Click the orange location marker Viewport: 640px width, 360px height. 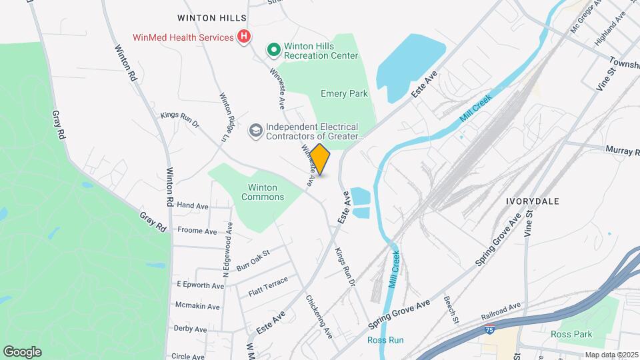(320, 159)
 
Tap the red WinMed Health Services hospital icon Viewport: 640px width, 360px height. (244, 37)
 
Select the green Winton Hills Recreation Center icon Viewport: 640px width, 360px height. (273, 49)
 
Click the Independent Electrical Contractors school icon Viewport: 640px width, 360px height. (255, 131)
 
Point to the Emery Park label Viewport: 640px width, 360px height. (344, 94)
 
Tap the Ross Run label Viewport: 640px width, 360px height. (385, 340)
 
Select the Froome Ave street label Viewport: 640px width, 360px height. (197, 231)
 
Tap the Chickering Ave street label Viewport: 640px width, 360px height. (319, 317)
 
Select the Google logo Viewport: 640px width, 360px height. (22, 352)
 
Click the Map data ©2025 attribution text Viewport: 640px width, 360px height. (611, 355)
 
